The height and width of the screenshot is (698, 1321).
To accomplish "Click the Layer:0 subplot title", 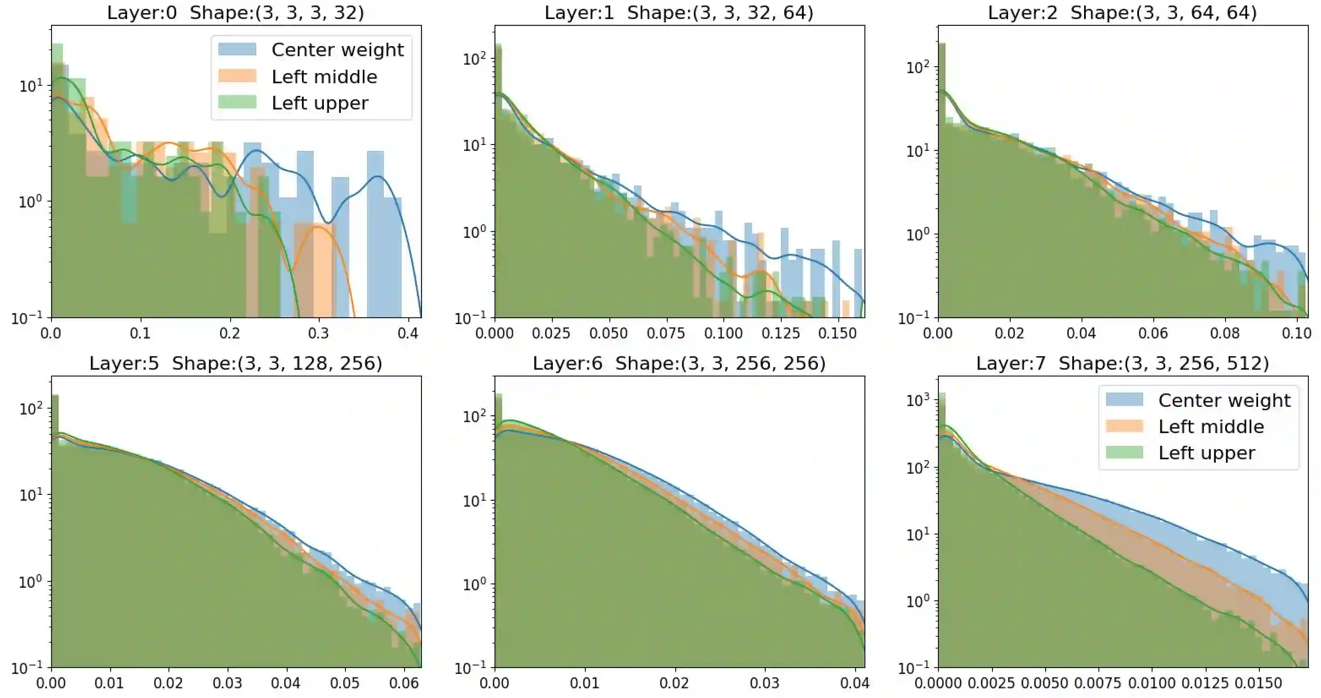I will [235, 12].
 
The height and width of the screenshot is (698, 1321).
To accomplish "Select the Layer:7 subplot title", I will [1122, 363].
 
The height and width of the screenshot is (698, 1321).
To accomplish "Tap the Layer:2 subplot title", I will [1122, 12].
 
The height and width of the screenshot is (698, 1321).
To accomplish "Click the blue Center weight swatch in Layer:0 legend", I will [237, 50].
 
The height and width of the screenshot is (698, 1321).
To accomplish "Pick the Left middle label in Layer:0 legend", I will [324, 77].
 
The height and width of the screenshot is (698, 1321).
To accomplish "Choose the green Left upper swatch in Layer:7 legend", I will [1124, 453].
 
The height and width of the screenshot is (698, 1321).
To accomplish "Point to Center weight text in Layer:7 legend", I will [1224, 400].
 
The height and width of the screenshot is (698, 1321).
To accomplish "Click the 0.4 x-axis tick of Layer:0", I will [408, 334].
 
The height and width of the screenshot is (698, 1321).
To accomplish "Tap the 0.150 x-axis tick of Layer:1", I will [837, 334].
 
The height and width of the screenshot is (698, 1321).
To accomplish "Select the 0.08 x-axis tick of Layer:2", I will [1225, 334].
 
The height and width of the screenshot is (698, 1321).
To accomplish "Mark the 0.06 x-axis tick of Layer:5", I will [404, 684].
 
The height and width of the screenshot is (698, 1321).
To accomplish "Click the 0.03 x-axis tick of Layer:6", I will [764, 684].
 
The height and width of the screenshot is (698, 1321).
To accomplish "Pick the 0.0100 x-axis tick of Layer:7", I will [1151, 684].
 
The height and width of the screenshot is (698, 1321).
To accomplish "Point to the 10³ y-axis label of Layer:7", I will [918, 399].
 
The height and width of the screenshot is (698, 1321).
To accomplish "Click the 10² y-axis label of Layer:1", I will [474, 58].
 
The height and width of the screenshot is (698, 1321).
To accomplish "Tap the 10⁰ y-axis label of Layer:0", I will [31, 201].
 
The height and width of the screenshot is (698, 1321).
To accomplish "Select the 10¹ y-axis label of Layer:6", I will [474, 500].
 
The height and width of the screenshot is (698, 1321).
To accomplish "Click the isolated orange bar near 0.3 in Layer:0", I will [314, 272].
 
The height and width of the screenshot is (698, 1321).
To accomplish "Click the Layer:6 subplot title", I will [679, 363].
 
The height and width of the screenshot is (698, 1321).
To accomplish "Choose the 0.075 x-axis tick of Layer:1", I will [665, 334].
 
